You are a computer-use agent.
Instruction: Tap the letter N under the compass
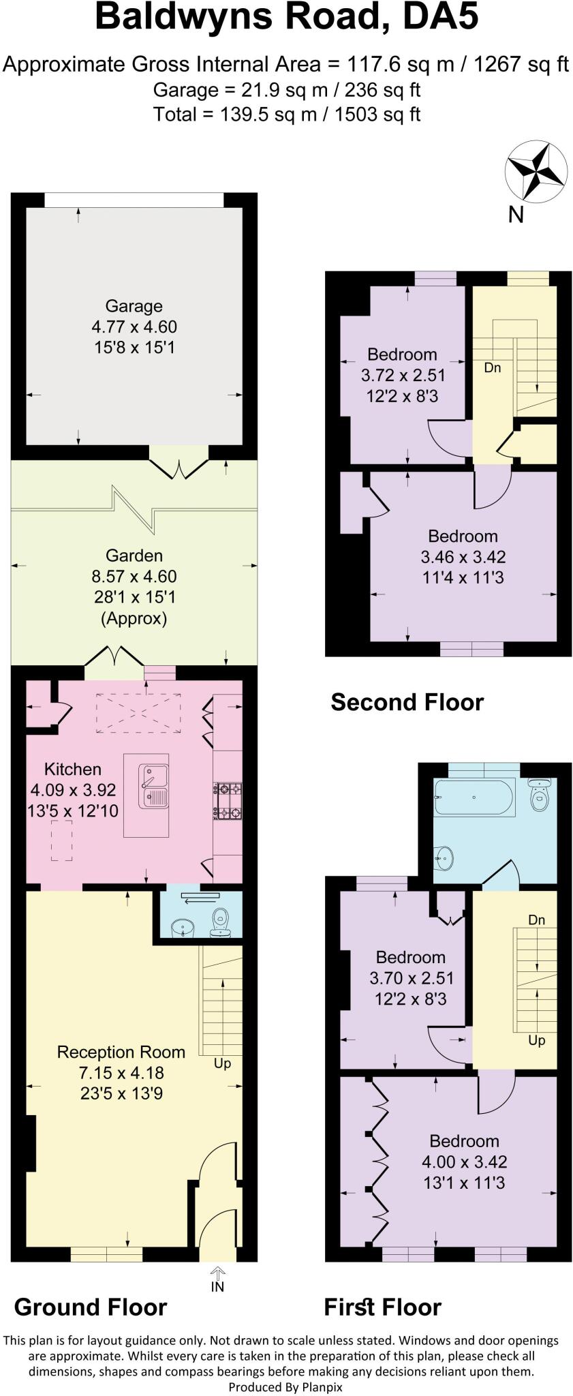click(516, 215)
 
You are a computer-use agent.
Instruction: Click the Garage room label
click(134, 306)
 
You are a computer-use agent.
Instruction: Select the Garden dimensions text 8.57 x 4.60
click(134, 577)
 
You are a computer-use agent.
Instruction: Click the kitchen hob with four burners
click(228, 801)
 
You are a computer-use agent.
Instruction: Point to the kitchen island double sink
click(153, 786)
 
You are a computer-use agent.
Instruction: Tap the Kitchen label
click(72, 770)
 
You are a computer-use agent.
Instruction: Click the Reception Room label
click(121, 1052)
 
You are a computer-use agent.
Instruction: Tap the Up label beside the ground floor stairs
click(222, 1063)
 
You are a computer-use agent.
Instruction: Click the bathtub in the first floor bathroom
click(474, 797)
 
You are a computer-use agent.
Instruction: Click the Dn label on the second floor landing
click(493, 368)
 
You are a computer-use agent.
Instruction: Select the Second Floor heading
click(407, 702)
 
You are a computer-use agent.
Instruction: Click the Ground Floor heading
click(91, 1307)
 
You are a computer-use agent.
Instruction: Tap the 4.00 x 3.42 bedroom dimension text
click(464, 1162)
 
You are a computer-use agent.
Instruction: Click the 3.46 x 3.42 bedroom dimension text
click(463, 557)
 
